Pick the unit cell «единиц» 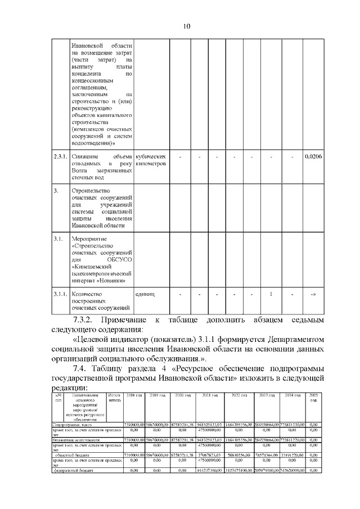[x=146, y=294]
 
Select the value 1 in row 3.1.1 [x=271, y=294]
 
